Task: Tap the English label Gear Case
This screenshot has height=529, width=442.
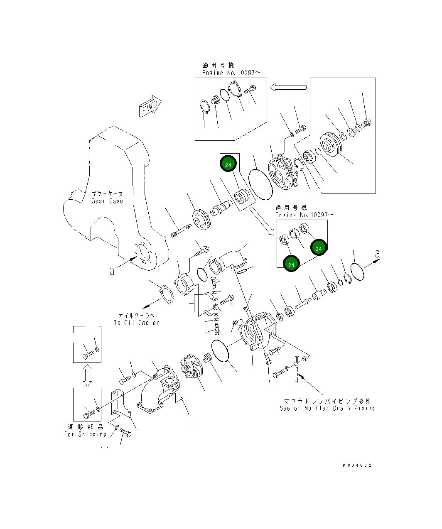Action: point(107,201)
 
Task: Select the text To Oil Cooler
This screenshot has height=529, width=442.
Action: point(136,323)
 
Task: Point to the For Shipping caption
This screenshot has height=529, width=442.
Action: point(85,434)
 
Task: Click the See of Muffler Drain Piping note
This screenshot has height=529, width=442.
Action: point(327,408)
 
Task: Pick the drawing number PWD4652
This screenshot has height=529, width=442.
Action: point(357,465)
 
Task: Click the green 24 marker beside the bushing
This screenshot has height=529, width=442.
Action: point(228,164)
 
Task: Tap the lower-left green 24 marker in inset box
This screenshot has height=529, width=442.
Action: point(291,264)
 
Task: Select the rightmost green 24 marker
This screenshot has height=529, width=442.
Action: point(319,248)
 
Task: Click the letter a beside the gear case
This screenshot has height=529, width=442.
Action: point(112,271)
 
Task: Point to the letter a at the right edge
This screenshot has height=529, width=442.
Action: point(377,254)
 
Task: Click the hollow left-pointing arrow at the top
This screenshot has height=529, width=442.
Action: point(288,87)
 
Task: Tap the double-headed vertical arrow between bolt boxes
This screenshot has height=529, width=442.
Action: point(87,375)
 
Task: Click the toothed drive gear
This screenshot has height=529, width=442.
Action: point(202,219)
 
